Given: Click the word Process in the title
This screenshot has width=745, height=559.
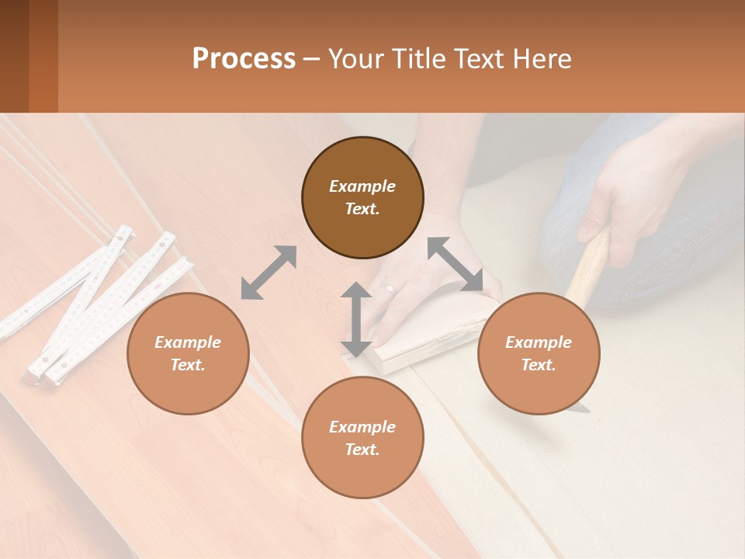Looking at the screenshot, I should coord(244,59).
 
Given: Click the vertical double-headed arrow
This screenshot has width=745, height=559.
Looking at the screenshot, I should coord(355,320).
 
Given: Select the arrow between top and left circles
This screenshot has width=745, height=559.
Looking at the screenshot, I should coord(269,273).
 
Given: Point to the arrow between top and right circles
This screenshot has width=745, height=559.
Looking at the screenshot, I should coord(455,264).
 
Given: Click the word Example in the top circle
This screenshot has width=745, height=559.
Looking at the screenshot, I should coord(362,186).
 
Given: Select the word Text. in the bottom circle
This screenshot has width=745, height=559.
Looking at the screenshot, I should coord(362,450).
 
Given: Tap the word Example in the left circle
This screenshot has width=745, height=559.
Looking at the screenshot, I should coord(188,342).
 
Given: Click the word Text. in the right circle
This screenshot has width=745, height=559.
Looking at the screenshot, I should coord(539,365).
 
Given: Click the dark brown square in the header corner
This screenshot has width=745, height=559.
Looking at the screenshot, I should coord(14,56).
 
